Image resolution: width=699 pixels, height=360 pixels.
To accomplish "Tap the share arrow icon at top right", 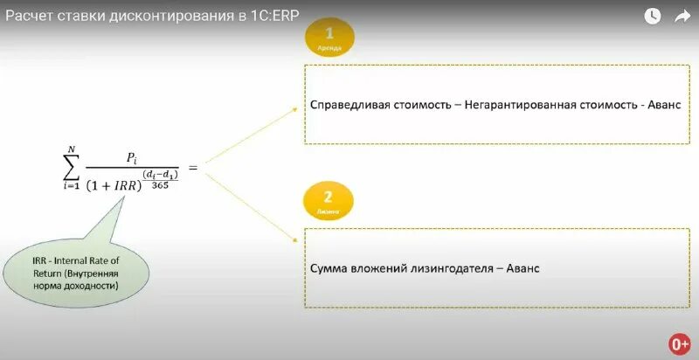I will pos(682,16).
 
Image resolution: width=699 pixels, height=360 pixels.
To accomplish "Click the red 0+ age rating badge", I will pos(679,343).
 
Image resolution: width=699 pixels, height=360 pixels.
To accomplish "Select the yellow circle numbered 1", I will pos(329,38).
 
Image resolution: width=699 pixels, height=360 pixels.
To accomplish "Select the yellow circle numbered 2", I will pos(328,200).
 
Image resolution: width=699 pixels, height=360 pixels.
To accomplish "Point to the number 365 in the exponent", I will pos(160,184).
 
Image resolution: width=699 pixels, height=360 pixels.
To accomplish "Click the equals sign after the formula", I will pos(192,167).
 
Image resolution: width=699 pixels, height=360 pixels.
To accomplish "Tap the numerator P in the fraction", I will pos(131,157).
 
